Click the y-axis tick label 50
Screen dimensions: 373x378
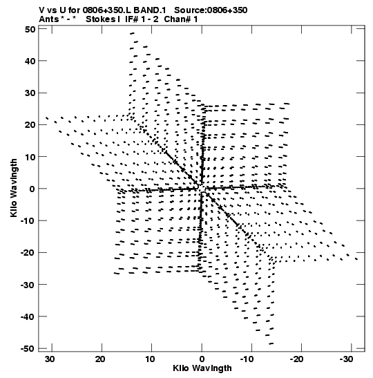pos(30,30)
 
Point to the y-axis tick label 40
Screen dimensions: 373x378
pos(30,61)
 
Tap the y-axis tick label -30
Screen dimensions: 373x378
pos(28,285)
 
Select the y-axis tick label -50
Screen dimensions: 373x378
pos(28,348)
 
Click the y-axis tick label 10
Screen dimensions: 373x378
pos(30,157)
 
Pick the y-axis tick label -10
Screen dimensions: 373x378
pos(28,221)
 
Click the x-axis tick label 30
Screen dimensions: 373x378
pos(50,359)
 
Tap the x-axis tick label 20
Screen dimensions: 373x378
pos(99,359)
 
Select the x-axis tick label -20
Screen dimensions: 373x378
pos(297,359)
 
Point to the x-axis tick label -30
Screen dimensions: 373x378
pos(347,359)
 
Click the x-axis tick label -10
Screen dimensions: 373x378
pos(247,359)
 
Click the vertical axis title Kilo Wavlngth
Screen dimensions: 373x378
pos(14,188)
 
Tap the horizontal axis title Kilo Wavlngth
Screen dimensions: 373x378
pos(202,368)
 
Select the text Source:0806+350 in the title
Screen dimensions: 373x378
pos(211,10)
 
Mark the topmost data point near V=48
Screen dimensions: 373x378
pos(132,33)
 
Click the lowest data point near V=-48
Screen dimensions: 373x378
pos(271,343)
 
